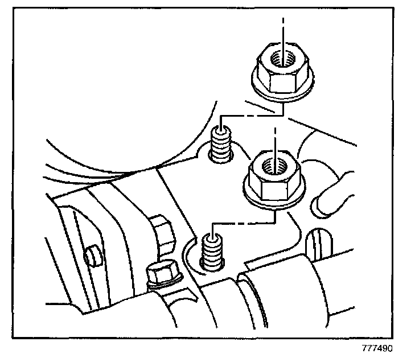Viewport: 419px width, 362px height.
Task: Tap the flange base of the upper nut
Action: [x=279, y=94]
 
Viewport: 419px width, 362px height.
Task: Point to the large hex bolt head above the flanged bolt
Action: [x=163, y=233]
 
